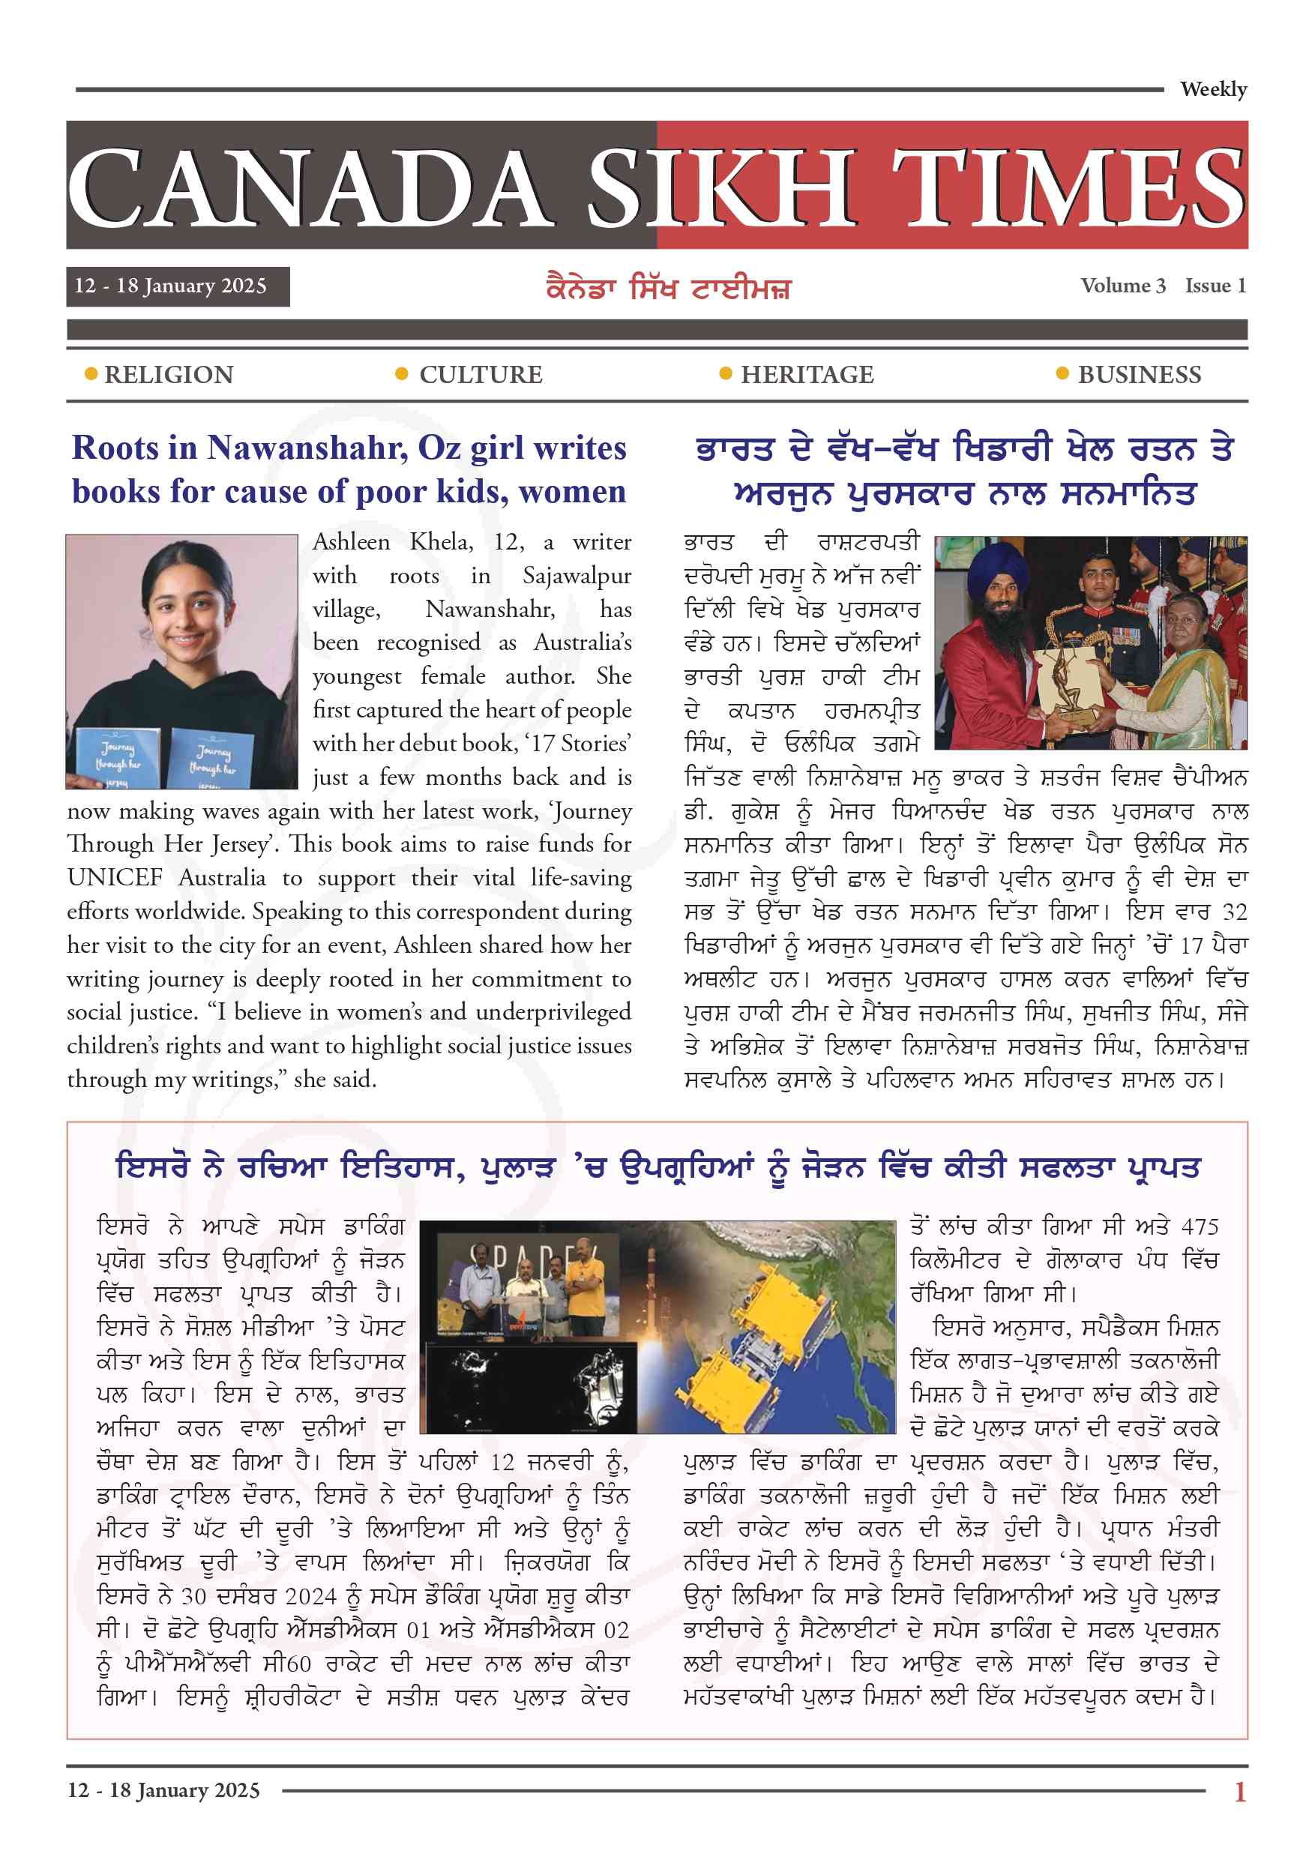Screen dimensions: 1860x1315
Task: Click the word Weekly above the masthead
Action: [x=1213, y=89]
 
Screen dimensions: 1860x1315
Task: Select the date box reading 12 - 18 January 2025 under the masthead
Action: [x=178, y=287]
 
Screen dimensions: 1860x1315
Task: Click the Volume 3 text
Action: [x=1122, y=286]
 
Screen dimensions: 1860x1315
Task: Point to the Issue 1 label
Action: [x=1215, y=286]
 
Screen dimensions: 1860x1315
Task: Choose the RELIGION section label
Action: [x=169, y=375]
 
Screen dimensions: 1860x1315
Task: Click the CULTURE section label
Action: [x=481, y=375]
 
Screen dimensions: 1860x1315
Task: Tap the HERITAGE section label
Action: [x=807, y=375]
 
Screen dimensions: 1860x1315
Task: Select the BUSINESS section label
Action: [x=1139, y=375]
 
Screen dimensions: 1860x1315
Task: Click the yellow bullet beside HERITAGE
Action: [x=725, y=373]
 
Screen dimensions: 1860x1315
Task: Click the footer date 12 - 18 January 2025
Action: [x=163, y=1790]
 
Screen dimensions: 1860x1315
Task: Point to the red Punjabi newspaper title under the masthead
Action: [x=668, y=289]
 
